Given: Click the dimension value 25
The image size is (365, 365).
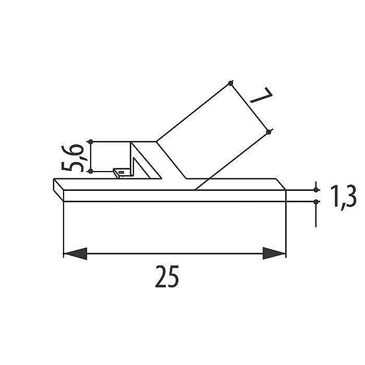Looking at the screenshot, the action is (x=167, y=276).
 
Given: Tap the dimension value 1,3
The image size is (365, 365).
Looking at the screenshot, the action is (x=343, y=197).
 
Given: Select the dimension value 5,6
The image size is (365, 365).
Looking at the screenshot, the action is (x=72, y=158).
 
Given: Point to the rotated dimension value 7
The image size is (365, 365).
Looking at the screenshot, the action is (x=261, y=95).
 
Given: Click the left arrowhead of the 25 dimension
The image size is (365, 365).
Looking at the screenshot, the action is (x=75, y=253).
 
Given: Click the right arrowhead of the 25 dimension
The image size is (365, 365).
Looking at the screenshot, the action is (x=274, y=253).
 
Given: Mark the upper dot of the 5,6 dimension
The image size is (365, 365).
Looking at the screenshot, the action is (x=91, y=141).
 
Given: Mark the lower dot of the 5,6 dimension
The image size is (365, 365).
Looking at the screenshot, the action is (x=91, y=172).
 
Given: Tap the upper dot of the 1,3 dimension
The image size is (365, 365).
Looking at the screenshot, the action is (x=316, y=190).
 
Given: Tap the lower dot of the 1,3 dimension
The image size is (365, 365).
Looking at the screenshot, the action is (x=316, y=202).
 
